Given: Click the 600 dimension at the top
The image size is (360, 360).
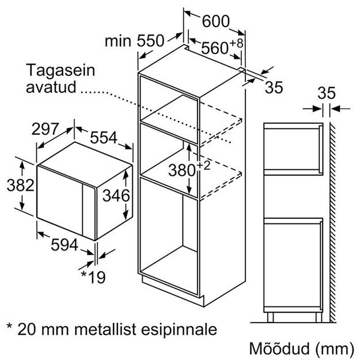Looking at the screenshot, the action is (216, 21).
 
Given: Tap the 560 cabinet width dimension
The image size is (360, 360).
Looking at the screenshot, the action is (215, 48).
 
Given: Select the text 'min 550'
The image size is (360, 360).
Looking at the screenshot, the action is (135, 41).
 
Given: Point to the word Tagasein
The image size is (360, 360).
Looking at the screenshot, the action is (60, 70).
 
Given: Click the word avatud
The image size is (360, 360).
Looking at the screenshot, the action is (51, 87).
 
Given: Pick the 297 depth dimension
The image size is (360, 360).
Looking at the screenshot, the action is (46, 129).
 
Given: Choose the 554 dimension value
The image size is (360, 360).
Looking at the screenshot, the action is (104, 138).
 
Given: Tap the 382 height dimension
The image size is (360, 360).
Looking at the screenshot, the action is (20, 185).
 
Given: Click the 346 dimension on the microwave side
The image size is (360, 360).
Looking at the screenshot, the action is (116, 196).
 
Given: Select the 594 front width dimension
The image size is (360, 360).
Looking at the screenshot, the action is (65, 245).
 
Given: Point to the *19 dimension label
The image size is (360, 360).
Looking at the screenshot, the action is (93, 277).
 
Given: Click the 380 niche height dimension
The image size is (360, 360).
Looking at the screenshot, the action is (182, 170).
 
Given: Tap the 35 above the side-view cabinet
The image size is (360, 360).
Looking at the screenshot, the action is (327, 93).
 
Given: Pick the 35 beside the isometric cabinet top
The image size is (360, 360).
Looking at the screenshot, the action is (274, 88).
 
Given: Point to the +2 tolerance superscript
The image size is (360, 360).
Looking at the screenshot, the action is (203, 165).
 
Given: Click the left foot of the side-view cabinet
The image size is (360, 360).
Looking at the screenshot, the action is (270, 317).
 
